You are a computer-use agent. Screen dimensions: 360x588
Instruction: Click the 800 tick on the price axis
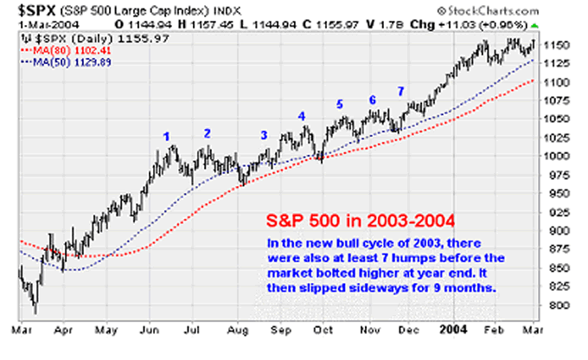click(x=559, y=305)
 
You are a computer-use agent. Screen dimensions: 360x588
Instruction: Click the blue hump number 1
click(x=167, y=135)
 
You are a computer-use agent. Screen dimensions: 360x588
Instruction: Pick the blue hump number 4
click(x=302, y=116)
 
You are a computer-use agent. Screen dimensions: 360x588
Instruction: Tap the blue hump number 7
click(x=400, y=91)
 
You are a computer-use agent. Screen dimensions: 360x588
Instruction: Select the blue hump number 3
click(x=264, y=135)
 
